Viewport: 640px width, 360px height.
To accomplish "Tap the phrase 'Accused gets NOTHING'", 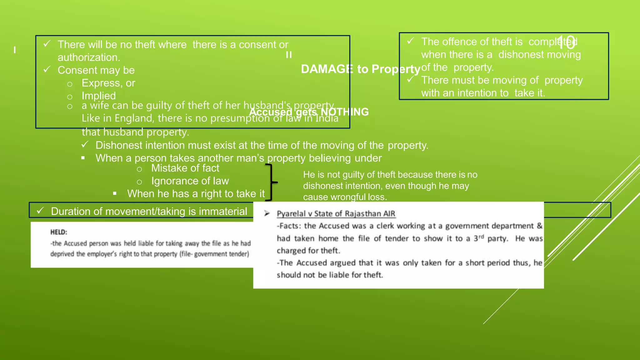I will tap(309, 112).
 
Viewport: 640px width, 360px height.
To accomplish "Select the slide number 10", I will tap(566, 43).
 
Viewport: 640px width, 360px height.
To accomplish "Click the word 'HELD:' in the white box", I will tap(59, 232).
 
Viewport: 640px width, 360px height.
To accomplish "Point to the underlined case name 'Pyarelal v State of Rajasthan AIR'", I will tap(336, 214).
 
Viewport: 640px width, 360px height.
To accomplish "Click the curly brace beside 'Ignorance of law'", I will tap(272, 182).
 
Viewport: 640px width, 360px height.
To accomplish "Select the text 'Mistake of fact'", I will tap(185, 168).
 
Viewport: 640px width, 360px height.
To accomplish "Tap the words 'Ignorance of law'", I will tap(190, 181).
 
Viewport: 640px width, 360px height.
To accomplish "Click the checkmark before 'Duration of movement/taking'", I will tap(40, 211).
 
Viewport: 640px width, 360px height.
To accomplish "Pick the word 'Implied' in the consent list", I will tap(98, 96).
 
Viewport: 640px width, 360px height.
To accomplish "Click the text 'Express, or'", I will tap(108, 83).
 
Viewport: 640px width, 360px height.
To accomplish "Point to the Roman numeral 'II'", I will tap(289, 55).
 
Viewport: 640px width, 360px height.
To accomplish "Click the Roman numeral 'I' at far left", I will tap(15, 50).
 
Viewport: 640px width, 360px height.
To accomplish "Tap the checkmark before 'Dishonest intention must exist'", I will tap(85, 145).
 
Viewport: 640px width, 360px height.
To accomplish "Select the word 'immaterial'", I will tap(223, 212).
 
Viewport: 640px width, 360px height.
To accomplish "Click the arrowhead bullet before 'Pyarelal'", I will tap(267, 213).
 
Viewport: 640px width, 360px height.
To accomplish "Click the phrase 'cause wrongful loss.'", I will tap(345, 197).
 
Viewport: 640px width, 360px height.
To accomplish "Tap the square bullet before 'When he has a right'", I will tap(115, 194).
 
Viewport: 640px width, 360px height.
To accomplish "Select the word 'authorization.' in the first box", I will tap(89, 57).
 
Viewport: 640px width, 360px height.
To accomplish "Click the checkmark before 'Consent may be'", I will tap(47, 69).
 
